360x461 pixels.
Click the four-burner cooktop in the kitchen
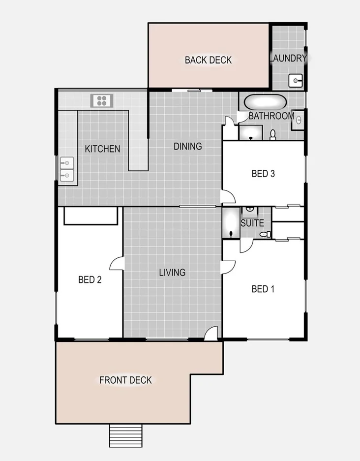102,101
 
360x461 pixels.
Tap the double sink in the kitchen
66,169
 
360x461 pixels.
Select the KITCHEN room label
102,149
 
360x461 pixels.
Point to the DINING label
187,146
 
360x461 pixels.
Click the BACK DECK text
208,60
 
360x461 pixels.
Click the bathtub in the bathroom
265,103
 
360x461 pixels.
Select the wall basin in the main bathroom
298,120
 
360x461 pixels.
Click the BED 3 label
263,173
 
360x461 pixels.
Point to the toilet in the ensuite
266,234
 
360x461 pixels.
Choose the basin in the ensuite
250,211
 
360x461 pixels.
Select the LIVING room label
172,272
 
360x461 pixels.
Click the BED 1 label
263,289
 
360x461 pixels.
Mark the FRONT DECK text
125,380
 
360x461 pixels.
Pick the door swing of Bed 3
228,197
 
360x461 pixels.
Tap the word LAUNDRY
288,58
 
